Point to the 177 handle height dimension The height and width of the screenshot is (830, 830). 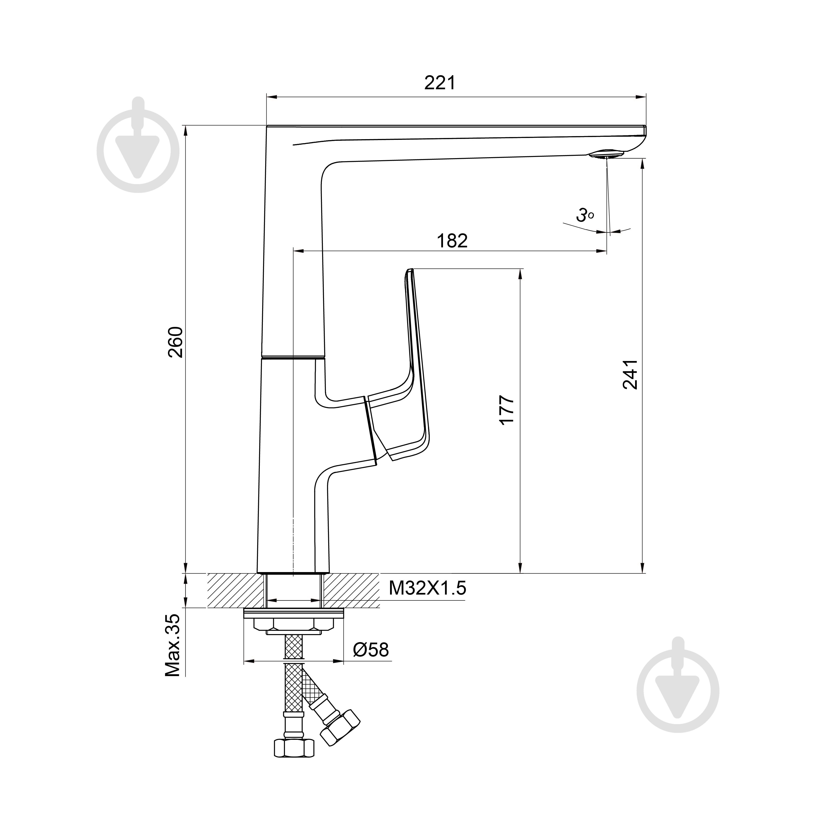tap(507, 410)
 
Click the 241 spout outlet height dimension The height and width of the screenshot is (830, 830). tap(630, 375)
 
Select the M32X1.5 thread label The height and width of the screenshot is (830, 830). tap(427, 588)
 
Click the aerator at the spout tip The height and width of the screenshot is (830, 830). tap(607, 154)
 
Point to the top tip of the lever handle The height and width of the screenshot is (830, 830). tap(409, 271)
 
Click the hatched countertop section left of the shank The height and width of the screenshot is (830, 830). tap(235, 590)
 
